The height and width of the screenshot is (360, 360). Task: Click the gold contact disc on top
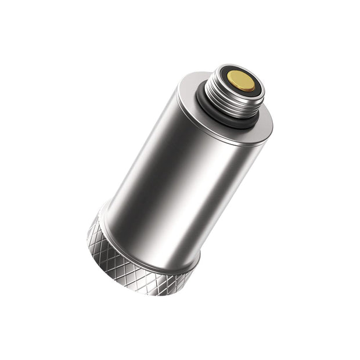(x=242, y=80)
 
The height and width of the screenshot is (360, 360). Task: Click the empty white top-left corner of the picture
(x=12, y=12)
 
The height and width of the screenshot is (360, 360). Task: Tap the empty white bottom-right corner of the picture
(x=348, y=348)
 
